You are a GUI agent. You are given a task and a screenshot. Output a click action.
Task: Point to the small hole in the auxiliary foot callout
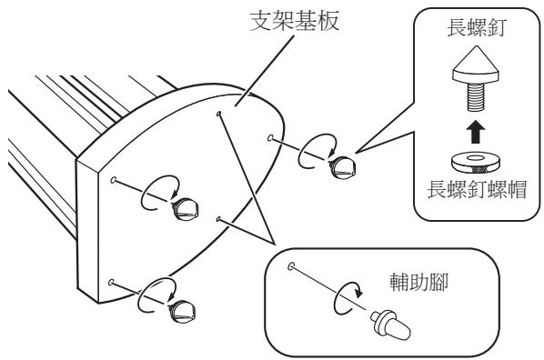click(x=289, y=266)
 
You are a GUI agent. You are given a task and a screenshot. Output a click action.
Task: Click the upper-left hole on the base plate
click(x=113, y=181)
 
